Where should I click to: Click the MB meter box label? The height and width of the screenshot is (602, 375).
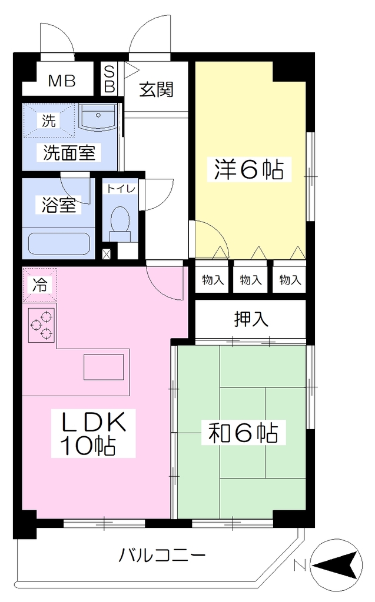[62, 81]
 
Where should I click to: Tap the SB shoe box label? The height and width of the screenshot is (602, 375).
[109, 79]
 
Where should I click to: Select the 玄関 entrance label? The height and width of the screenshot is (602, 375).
[156, 89]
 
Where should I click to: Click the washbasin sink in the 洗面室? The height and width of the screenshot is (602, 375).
[98, 117]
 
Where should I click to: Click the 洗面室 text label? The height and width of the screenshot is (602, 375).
[69, 152]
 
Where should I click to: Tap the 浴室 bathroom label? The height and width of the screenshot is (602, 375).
[58, 205]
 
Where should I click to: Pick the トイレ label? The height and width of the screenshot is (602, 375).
[120, 189]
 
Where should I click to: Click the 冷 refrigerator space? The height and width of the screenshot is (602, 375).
[39, 285]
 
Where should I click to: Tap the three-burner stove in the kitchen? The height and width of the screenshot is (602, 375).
[42, 325]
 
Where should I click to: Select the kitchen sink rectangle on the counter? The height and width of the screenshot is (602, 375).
[104, 367]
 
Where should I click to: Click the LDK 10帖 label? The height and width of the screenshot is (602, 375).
[94, 433]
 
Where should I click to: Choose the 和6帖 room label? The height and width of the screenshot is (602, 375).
[243, 432]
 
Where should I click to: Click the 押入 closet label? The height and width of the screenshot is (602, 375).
[251, 319]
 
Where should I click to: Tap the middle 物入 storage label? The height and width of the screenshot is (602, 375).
[251, 280]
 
